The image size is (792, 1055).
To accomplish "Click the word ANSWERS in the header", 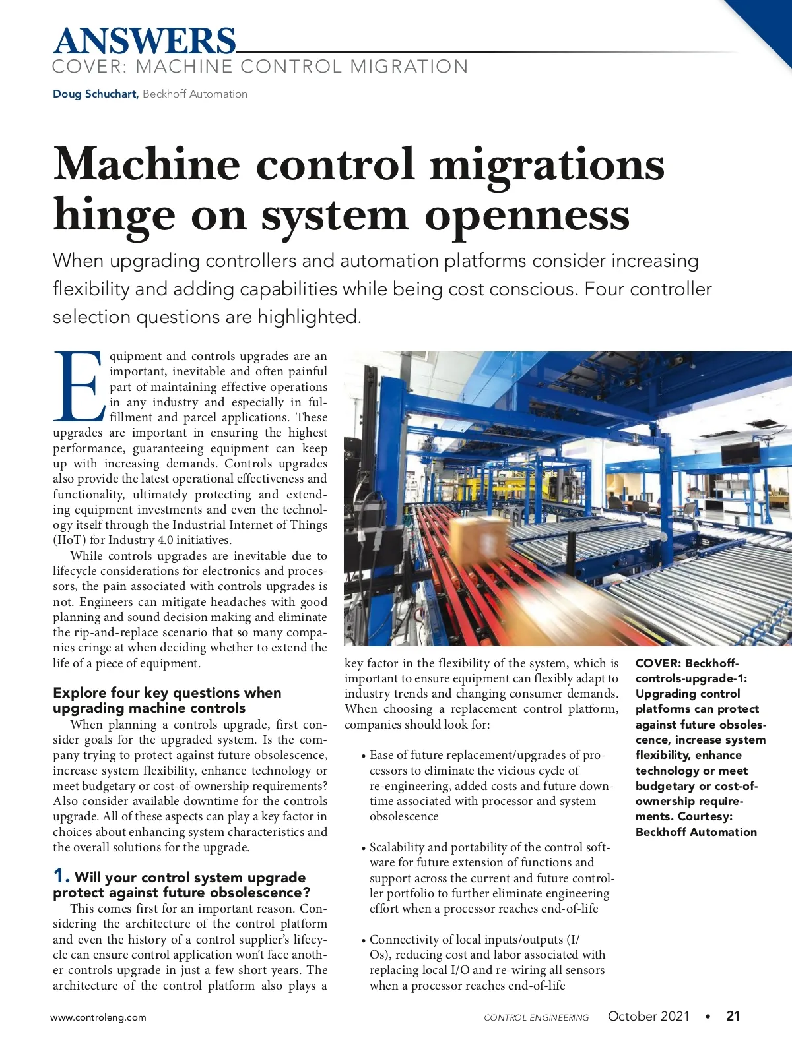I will click(x=144, y=41).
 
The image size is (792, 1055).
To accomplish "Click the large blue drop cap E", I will click(x=78, y=386).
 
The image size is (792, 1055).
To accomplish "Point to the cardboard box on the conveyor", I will click(x=477, y=537).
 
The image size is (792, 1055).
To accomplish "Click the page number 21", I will click(x=733, y=1016).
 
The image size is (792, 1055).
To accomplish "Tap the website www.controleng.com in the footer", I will click(x=98, y=1017).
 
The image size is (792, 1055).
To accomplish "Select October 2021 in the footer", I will click(x=648, y=1016).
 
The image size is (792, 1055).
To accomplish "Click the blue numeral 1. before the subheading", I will click(x=61, y=876).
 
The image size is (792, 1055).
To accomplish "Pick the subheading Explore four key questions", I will click(x=167, y=693).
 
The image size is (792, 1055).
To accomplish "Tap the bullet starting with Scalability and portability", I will click(x=489, y=847).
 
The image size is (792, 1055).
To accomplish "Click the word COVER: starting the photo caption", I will click(x=658, y=663).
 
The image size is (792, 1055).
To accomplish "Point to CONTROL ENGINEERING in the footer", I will click(x=536, y=1017).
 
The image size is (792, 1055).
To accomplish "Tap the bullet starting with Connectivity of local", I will click(x=475, y=940).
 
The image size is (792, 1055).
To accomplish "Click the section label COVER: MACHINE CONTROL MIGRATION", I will click(x=260, y=67).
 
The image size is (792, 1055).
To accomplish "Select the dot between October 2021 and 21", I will click(x=708, y=1017).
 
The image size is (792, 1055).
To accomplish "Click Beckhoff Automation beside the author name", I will click(x=195, y=94).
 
